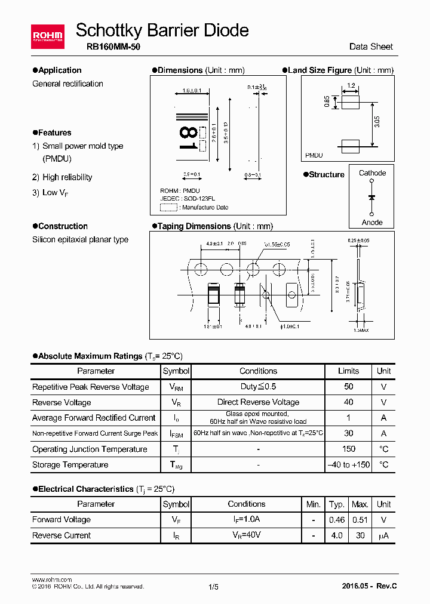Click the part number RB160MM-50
pos(109,47)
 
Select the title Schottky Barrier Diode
pos(162,30)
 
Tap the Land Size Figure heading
pos(320,70)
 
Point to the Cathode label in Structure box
pos(372,173)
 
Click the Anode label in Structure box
pos(372,222)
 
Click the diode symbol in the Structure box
pos(372,197)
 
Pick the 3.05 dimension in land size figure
pos(377,122)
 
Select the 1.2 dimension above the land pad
pos(351,86)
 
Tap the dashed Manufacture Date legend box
pos(169,207)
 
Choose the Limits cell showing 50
pos(349,387)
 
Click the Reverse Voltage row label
pos(62,402)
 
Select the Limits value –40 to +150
pos(349,464)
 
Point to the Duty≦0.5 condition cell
pos(258,387)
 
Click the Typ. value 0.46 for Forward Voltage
pos(337,520)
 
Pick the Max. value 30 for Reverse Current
pos(360,535)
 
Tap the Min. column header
pos(314,504)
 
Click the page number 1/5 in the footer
pos(213,587)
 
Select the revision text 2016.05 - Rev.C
pos(369,586)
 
